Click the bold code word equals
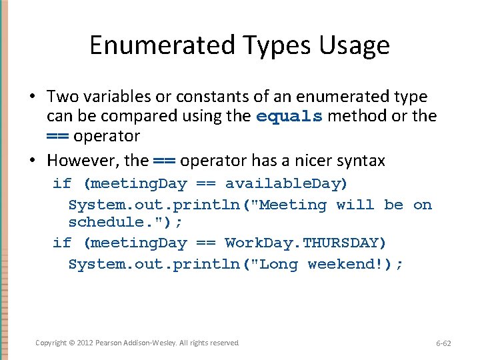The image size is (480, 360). (289, 117)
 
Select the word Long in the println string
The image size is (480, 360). (279, 264)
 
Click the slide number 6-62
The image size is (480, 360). (443, 343)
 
